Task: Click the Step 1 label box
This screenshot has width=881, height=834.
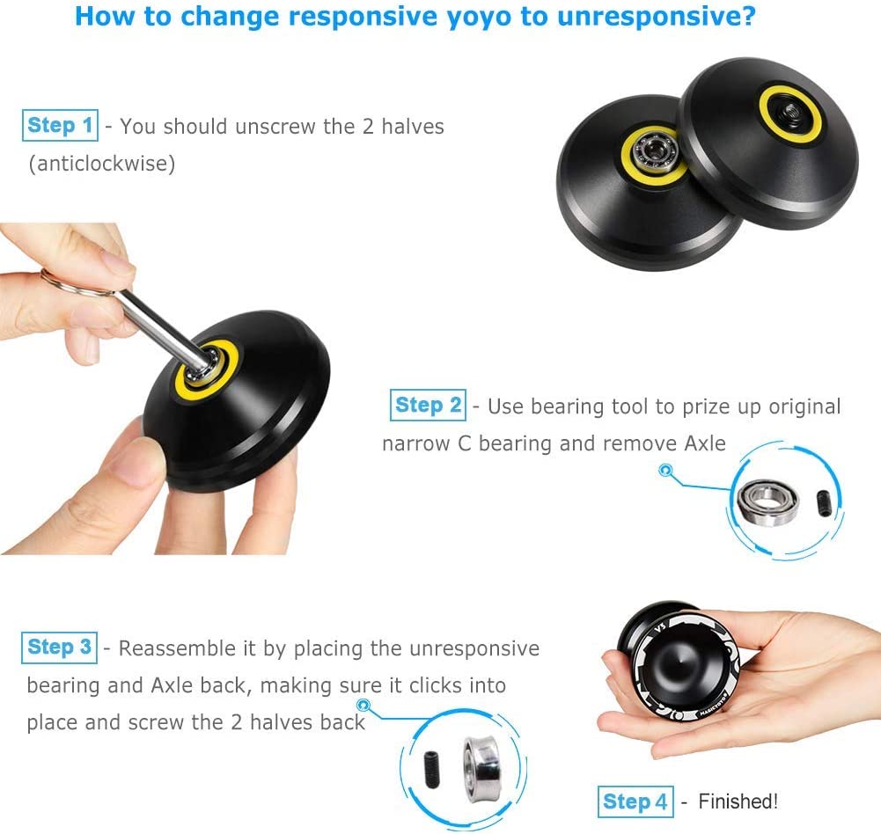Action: click(59, 126)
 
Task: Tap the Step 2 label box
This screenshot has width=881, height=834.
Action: click(428, 406)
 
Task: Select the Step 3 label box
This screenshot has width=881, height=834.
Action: click(59, 648)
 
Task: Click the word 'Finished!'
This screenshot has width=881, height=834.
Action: click(738, 801)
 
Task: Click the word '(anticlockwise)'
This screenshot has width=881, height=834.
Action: click(101, 164)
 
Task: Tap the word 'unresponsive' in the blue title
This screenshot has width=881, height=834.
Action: click(656, 16)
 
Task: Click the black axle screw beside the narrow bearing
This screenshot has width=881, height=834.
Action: click(823, 502)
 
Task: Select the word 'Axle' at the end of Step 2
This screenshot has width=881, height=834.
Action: click(704, 443)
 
